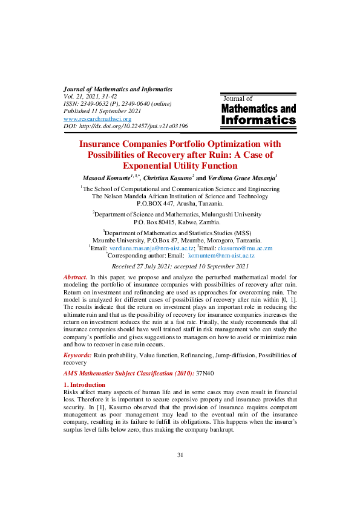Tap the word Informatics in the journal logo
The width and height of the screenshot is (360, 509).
[x=259, y=120]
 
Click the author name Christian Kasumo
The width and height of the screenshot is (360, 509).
[x=169, y=178]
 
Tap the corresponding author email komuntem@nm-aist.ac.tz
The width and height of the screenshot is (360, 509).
[x=221, y=256]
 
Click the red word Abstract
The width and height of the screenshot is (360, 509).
[x=75, y=277]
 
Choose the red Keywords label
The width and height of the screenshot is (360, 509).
[x=77, y=355]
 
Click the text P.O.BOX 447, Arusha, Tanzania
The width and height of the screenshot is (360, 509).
[x=180, y=204]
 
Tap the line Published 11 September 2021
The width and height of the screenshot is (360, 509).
[x=102, y=112]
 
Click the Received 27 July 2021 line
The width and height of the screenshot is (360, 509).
[x=180, y=266]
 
